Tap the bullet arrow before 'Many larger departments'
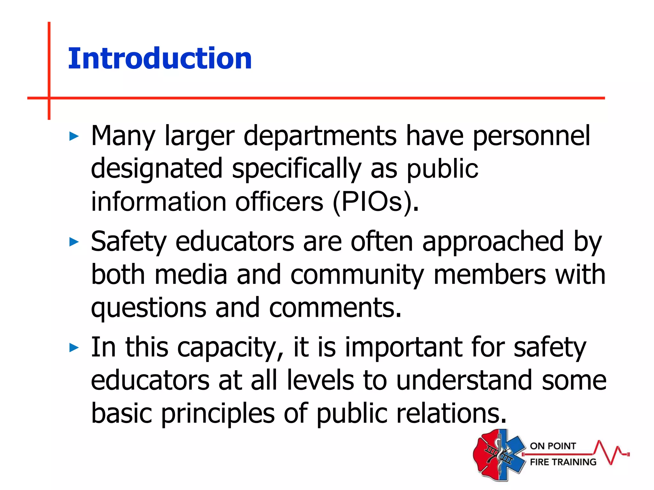coord(74,137)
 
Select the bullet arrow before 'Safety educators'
coord(74,242)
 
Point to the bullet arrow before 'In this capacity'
coord(74,347)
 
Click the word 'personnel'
coord(531,136)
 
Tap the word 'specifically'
coord(297,169)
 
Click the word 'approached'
coord(493,241)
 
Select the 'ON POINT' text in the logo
coord(553,446)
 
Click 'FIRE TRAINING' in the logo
coord(563,462)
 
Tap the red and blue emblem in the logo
coord(499,454)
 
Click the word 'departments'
coord(320,136)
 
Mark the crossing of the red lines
coord(49,98)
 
